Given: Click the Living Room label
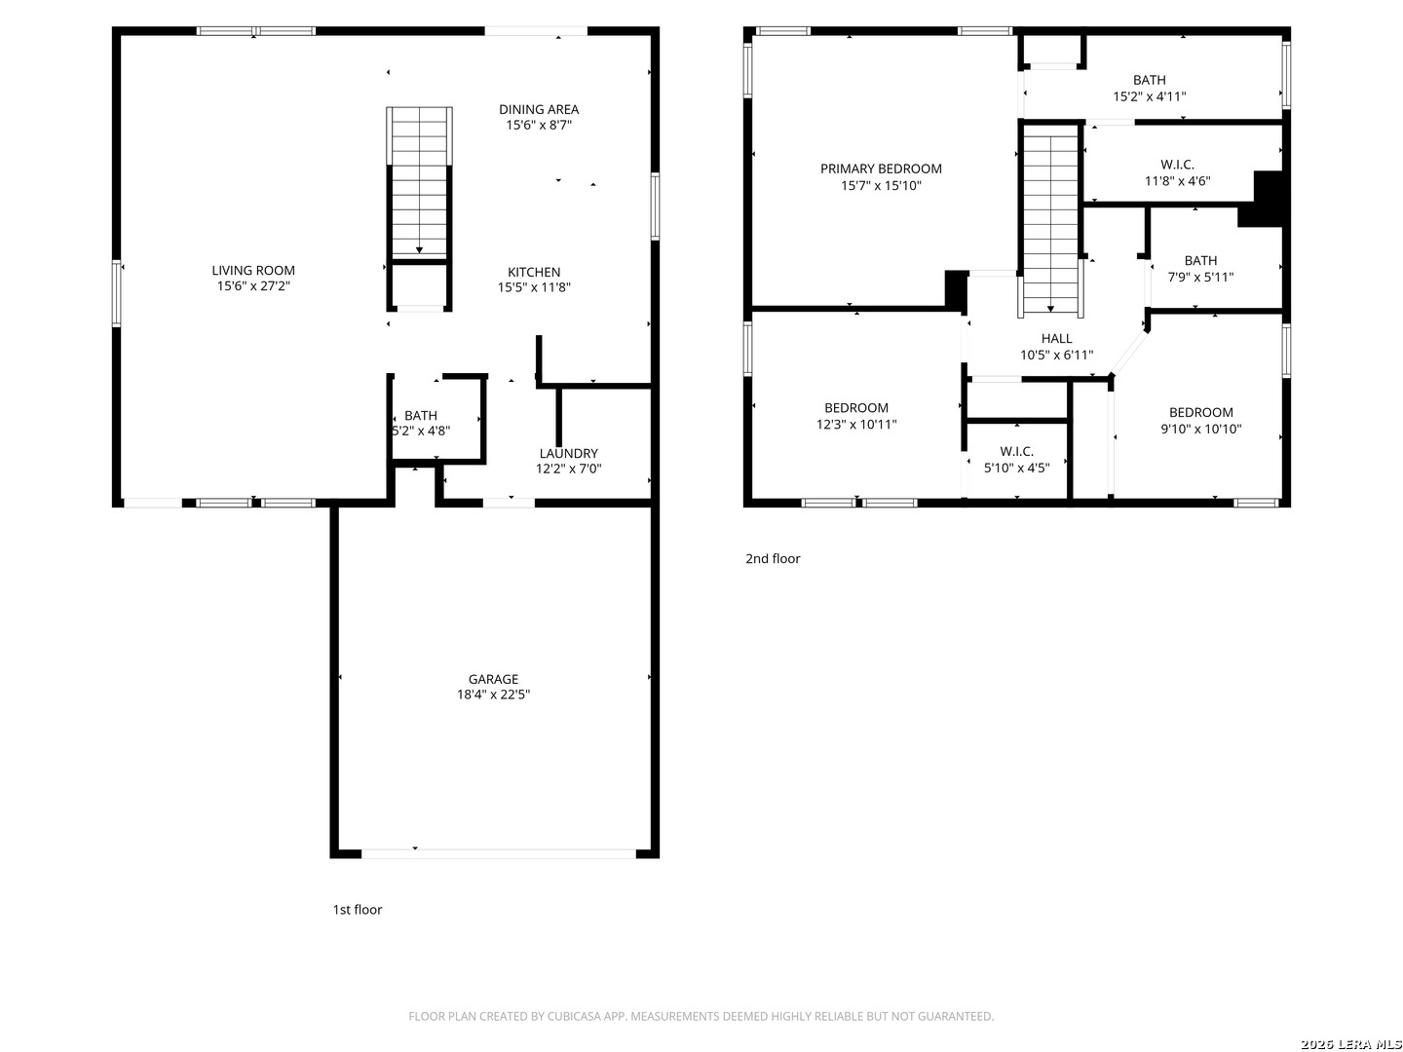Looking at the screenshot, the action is point(253,270).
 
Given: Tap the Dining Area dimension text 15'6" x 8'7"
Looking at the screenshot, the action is point(538,126).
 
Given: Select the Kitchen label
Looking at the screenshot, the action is point(534,272).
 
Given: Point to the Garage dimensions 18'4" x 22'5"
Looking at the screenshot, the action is point(493,695).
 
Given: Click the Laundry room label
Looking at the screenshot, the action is point(568,454).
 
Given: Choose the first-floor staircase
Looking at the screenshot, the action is point(419,182).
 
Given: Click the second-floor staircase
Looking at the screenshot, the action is point(1050,220).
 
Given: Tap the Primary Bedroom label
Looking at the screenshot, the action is point(880,169).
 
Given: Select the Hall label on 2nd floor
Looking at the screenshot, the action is point(1056,339).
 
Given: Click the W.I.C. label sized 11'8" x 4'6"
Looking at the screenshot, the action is point(1177,165).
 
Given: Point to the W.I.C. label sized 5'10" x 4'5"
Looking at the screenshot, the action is point(1016,452).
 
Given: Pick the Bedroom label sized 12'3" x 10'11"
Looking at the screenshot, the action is point(855,408).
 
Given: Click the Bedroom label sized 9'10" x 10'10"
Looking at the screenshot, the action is point(1200,413).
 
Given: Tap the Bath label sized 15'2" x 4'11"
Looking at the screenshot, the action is point(1149,80).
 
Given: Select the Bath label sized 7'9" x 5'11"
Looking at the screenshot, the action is point(1199,261).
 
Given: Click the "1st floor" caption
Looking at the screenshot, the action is point(357,910).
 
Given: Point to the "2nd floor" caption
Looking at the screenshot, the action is point(772,559).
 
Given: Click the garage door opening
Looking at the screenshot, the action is point(498,854).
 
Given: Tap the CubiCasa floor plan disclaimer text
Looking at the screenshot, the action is point(701,1016).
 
